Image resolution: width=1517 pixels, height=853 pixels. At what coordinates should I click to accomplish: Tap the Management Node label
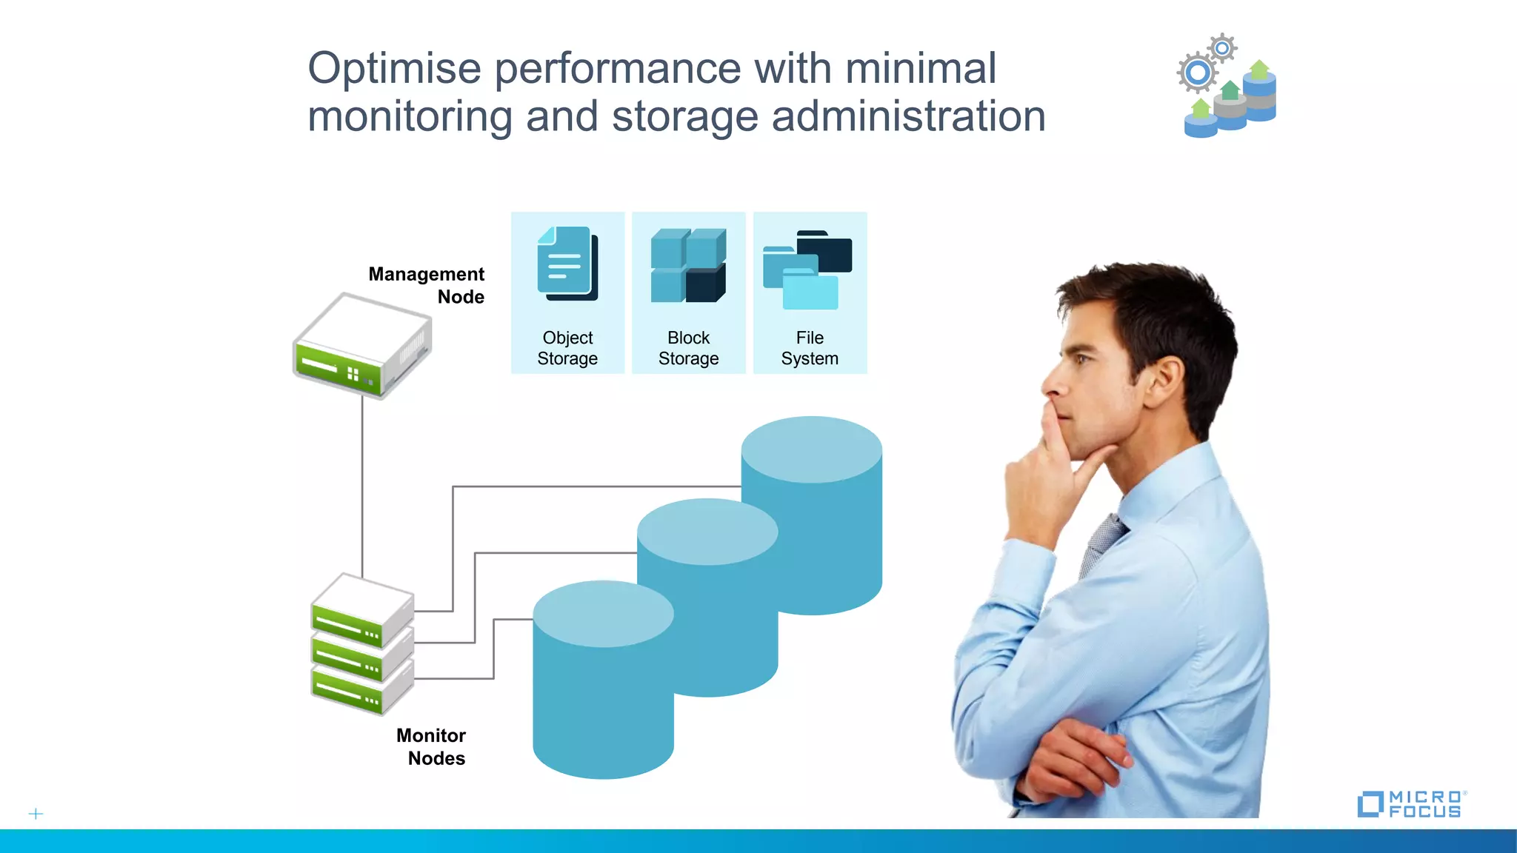pos(427,285)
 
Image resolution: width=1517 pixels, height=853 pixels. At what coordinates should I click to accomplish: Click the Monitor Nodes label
pos(432,746)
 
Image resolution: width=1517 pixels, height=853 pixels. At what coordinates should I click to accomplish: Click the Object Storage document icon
pos(567,263)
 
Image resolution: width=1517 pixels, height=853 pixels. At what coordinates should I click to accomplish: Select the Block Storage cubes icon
pos(688,265)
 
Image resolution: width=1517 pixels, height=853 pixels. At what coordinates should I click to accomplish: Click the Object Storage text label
pos(567,348)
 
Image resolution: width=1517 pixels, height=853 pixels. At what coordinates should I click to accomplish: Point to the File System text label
pos(810,348)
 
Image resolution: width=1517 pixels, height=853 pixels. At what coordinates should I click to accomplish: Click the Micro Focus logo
pos(1411,803)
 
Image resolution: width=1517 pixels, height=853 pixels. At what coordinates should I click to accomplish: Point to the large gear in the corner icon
pos(1197,73)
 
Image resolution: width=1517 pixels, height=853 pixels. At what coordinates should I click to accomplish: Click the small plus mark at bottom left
pos(36,814)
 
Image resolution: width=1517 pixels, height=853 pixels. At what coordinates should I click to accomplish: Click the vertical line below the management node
pos(362,489)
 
